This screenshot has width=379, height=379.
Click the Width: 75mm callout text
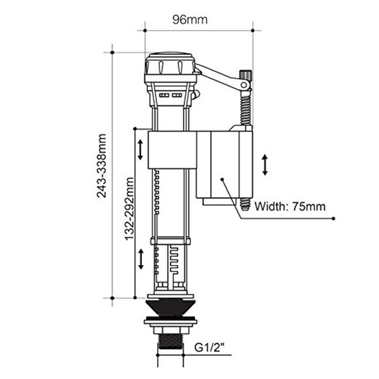pos(290,207)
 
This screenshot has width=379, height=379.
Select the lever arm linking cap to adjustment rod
pos(220,76)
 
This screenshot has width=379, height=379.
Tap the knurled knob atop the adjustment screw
pos(245,76)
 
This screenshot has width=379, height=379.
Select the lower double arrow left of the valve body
pos(141,259)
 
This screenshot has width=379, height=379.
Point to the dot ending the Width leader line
pos(334,218)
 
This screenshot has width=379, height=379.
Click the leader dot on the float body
pos(222,180)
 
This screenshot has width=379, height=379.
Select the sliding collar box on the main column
pos(172,150)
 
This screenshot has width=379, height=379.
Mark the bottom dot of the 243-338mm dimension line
pos(112,298)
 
